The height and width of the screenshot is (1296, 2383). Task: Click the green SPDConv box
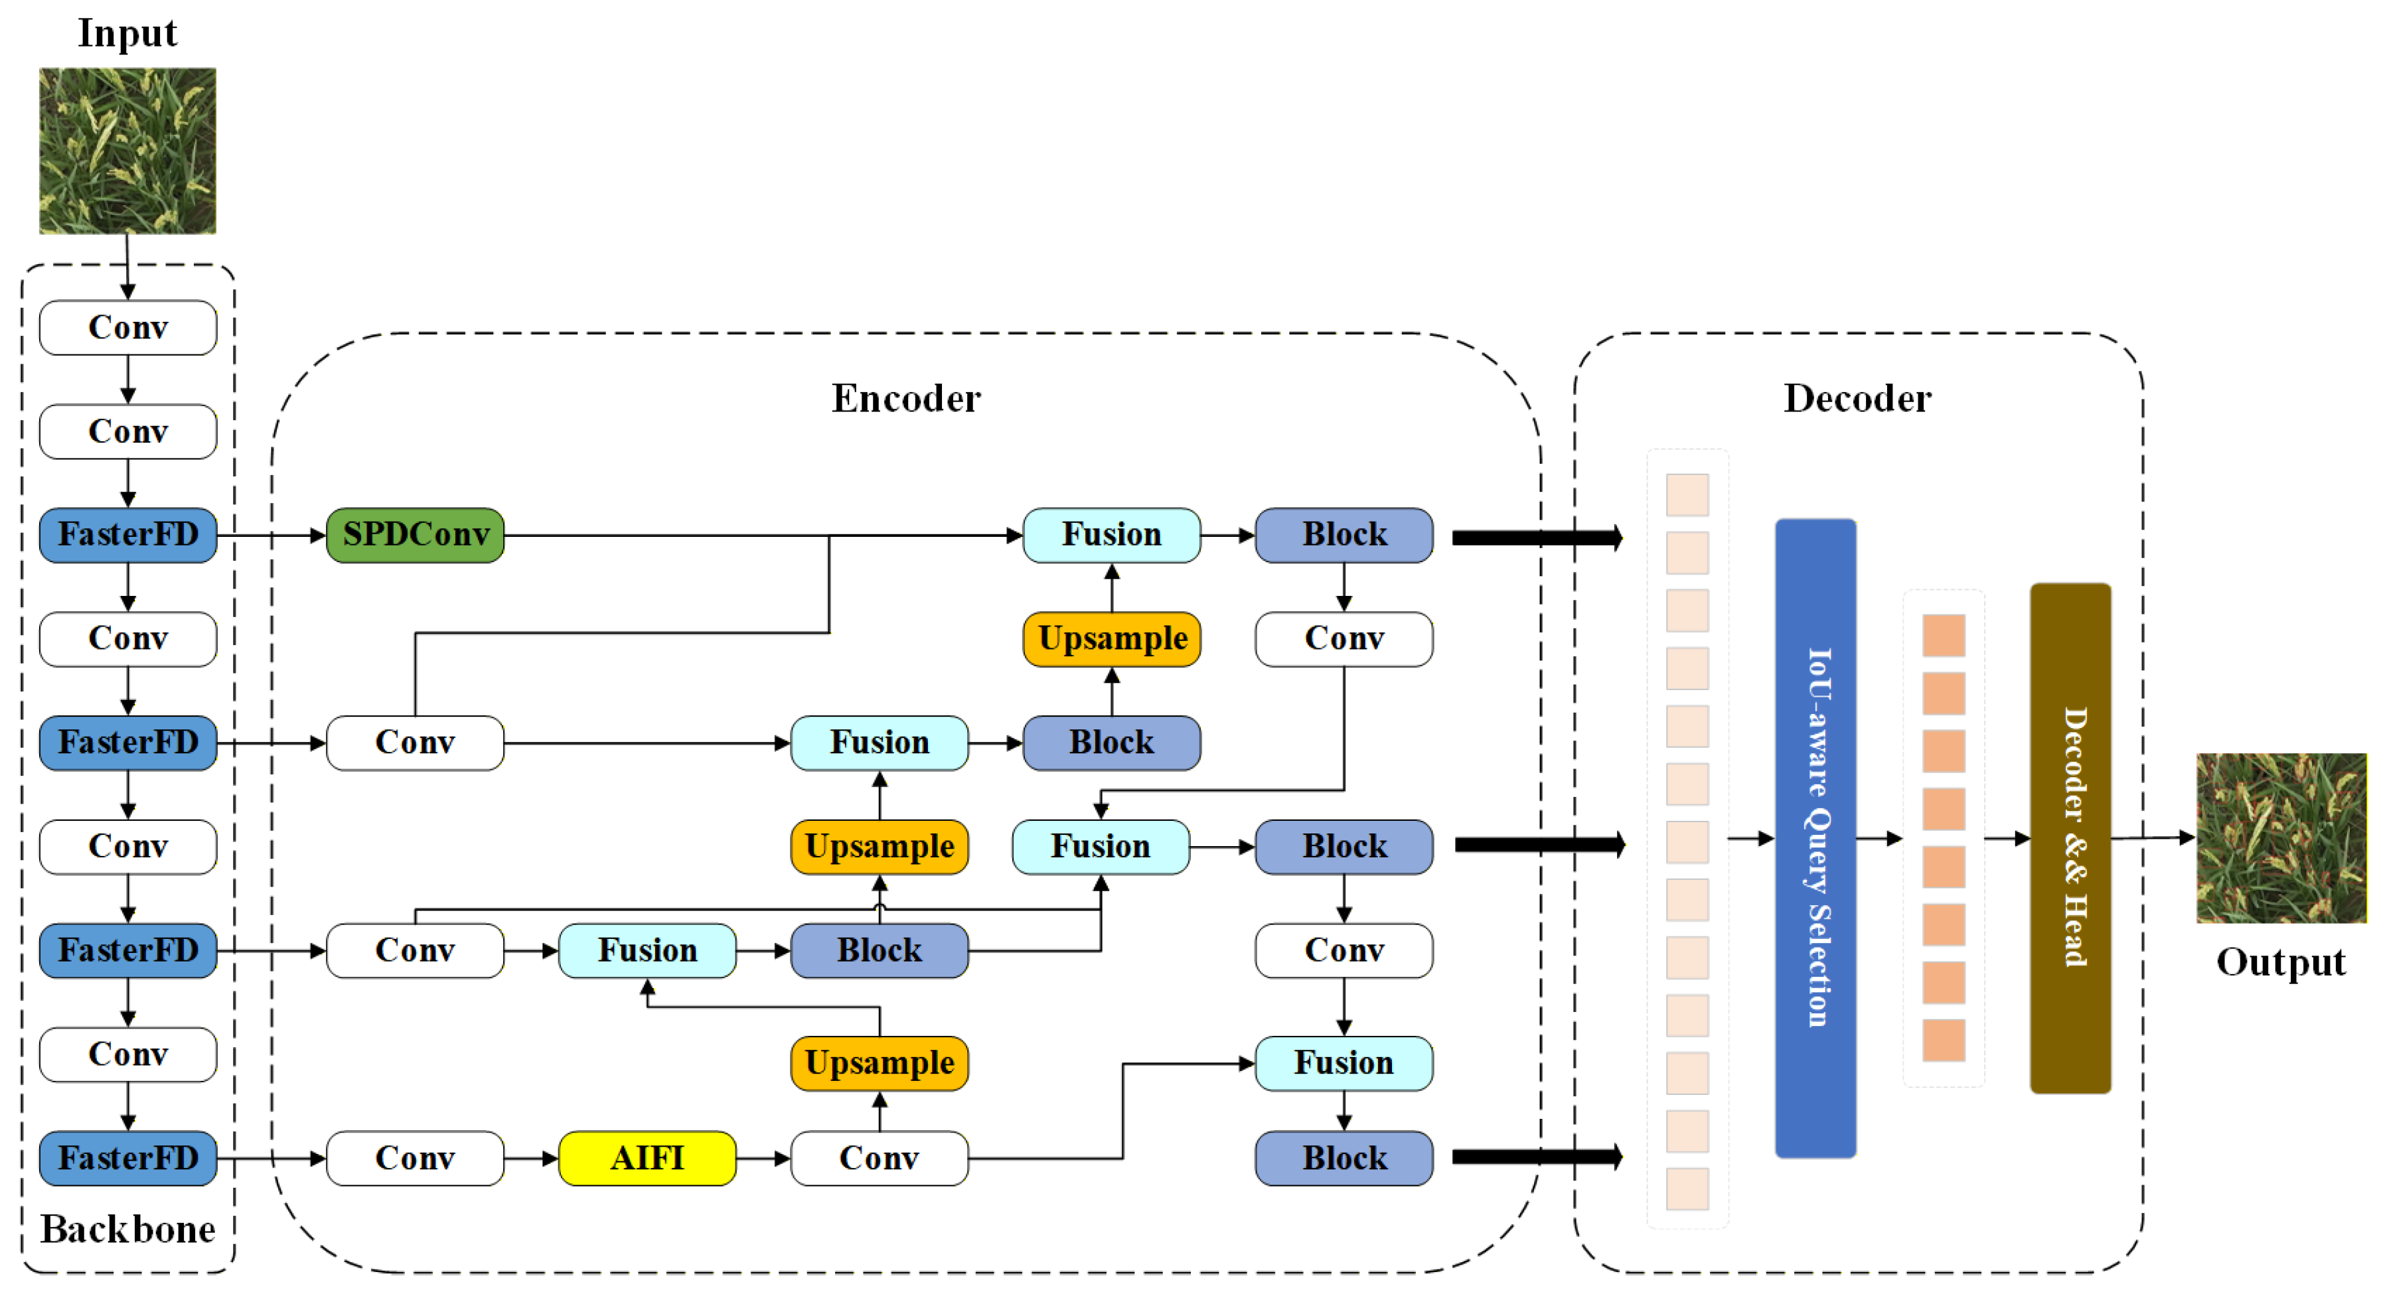click(x=416, y=535)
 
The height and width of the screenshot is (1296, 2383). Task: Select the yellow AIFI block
click(x=648, y=1157)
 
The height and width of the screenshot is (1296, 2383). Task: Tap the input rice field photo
click(x=127, y=150)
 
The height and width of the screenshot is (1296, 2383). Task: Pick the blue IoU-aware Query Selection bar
click(x=1815, y=837)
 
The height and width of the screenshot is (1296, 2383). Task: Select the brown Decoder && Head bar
click(x=2070, y=837)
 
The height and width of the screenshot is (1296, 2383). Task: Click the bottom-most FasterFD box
click(x=127, y=1157)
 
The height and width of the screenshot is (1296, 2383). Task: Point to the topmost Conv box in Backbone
click(x=127, y=327)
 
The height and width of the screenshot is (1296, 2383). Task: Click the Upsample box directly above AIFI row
click(x=879, y=1063)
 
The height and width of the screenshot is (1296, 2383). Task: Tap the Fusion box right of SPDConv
click(x=1111, y=535)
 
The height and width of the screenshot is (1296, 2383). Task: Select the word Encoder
click(x=905, y=399)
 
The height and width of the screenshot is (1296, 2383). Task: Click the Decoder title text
click(x=1857, y=399)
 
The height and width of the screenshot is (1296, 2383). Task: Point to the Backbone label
click(x=127, y=1230)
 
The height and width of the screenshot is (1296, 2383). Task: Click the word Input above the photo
click(x=127, y=33)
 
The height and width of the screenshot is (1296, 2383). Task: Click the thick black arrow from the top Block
click(x=1535, y=538)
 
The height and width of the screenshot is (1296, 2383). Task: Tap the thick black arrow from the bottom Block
click(x=1535, y=1157)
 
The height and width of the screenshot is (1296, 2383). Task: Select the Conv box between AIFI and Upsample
click(x=879, y=1157)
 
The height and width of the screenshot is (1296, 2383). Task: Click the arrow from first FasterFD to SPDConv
click(x=272, y=535)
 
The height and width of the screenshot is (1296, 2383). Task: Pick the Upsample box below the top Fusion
click(x=1111, y=638)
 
